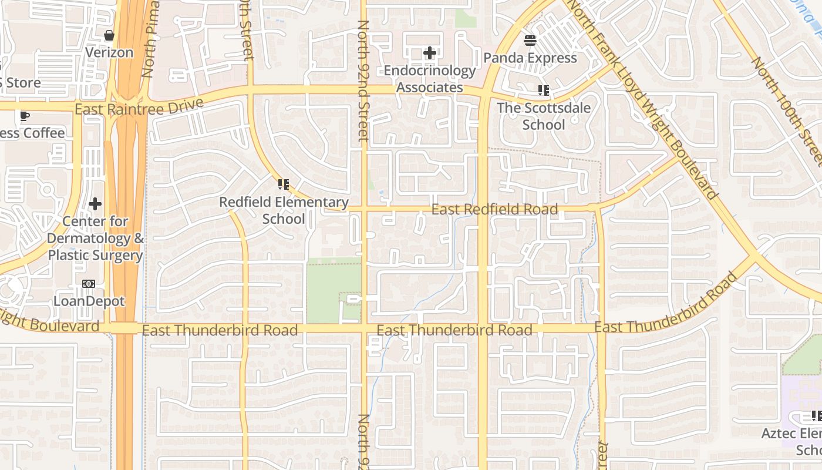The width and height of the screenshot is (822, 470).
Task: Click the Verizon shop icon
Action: click(109, 36)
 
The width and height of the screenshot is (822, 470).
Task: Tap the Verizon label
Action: click(109, 52)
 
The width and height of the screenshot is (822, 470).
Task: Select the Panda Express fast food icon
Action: click(530, 41)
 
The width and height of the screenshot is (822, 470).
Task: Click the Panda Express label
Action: click(530, 58)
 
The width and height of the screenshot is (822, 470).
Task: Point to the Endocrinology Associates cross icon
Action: click(430, 53)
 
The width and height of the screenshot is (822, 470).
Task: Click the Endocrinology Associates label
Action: click(430, 79)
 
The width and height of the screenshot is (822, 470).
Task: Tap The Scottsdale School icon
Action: click(544, 90)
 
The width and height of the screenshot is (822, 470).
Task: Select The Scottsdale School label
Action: click(544, 116)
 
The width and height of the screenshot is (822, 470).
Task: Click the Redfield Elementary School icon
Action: click(284, 185)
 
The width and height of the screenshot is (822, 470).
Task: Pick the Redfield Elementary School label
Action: click(284, 210)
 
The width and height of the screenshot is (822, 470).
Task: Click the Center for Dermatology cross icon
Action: click(95, 204)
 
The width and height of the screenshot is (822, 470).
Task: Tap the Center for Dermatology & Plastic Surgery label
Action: click(95, 239)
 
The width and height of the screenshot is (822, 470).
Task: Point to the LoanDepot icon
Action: click(89, 284)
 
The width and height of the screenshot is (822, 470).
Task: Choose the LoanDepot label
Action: click(89, 301)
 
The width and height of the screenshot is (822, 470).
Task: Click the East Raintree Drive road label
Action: click(139, 106)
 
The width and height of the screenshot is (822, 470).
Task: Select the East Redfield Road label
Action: click(494, 209)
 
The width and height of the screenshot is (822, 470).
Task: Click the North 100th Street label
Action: click(787, 112)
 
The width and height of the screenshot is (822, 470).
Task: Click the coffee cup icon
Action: click(24, 116)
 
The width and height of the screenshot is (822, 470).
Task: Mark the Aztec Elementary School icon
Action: click(816, 416)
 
